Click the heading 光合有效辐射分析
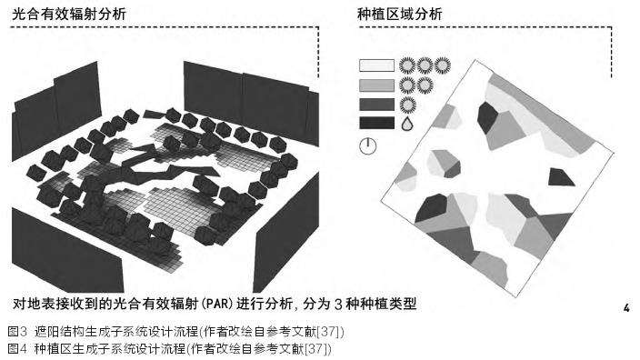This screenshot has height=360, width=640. pos(69,15)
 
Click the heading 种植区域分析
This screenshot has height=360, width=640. pos(400,15)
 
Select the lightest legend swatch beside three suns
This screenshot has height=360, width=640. pos(376,65)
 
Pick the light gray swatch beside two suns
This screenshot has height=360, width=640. pos(376,85)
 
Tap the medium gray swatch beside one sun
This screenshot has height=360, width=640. pos(376,105)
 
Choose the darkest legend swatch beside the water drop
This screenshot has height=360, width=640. pos(376,123)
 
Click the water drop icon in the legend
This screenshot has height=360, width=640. pos(407,124)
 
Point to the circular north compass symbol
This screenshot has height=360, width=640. pos(368,146)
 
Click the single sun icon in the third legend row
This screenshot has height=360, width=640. pos(407,105)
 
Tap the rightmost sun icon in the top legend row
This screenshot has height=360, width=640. pos(443,65)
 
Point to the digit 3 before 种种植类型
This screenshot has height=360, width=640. pos(338,305)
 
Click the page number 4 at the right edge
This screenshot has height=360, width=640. pos(626,308)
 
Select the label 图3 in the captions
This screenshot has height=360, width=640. pos(17,332)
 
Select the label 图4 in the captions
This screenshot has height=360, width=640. pos(17,349)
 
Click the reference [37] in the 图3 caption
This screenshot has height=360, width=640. pos(330,332)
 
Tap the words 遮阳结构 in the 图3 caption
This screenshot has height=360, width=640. pos(59,332)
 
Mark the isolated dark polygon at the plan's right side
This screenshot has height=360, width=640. pos(560,177)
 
